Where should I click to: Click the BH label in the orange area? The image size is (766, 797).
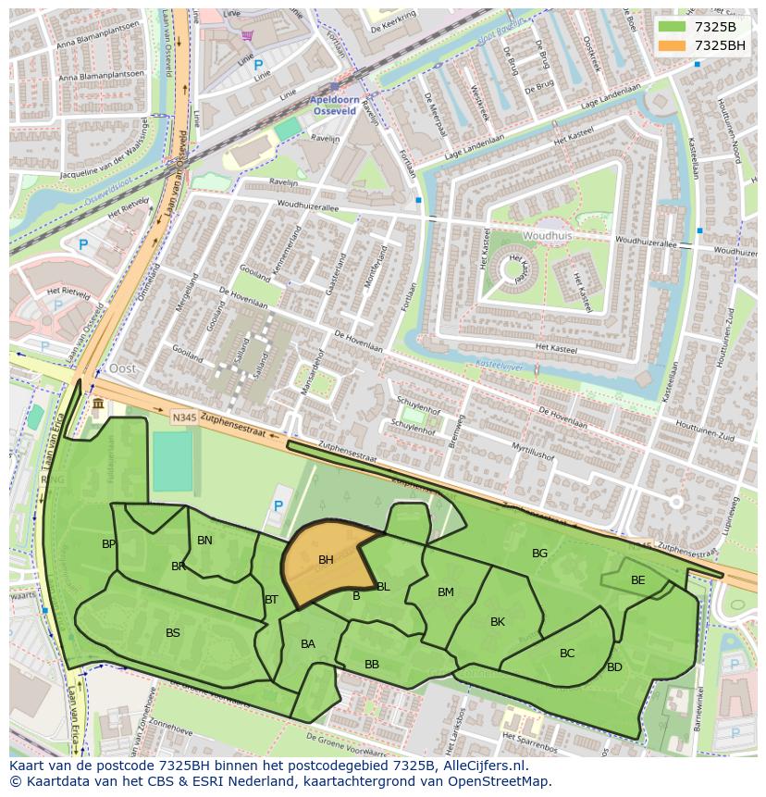point(326,560)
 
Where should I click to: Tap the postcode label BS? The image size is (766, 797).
point(173,633)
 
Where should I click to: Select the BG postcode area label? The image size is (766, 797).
point(539,554)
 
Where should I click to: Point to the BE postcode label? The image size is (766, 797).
point(637,580)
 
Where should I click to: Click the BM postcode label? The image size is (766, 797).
point(446,592)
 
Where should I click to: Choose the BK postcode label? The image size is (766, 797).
point(498,622)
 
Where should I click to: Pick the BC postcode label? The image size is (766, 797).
point(567,654)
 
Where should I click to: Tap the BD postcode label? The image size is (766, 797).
point(614,667)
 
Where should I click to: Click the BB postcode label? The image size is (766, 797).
point(372,665)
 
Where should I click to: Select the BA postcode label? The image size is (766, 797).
point(308,644)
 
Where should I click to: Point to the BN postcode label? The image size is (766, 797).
point(204,541)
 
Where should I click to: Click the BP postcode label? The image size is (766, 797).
point(109,544)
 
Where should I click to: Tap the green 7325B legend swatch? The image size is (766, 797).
point(672,26)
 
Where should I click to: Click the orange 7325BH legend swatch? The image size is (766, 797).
point(672,45)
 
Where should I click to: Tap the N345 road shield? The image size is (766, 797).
point(183,418)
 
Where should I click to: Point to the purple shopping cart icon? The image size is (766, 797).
point(247,35)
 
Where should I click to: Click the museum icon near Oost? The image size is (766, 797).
point(98,405)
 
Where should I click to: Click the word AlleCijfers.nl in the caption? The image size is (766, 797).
point(482,766)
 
